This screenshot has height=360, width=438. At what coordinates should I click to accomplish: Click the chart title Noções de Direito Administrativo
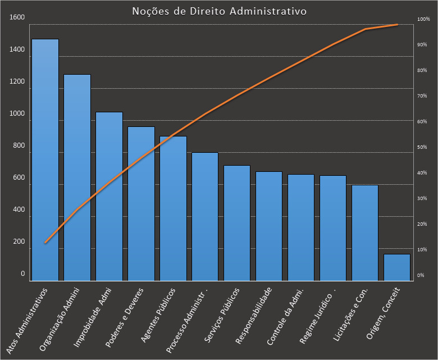coord(219,11)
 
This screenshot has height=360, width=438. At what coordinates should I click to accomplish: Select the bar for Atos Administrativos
coord(45,160)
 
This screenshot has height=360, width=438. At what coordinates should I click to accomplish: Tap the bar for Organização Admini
coord(77,177)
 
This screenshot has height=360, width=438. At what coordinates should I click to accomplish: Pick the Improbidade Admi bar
coord(109,197)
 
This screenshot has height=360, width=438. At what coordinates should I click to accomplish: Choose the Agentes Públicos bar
coord(173,208)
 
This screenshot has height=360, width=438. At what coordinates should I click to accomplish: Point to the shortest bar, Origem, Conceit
coord(397,267)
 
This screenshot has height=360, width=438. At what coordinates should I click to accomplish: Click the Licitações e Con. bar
coord(365,233)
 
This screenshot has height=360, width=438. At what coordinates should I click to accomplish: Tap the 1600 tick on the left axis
coord(17,17)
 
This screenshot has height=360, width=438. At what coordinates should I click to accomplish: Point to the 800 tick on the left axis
coord(19,145)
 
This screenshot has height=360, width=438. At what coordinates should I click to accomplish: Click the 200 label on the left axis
coord(19,241)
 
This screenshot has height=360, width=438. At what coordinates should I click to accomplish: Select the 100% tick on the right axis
coord(423,19)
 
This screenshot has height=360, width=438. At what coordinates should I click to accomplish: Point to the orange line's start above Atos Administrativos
coord(45,243)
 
